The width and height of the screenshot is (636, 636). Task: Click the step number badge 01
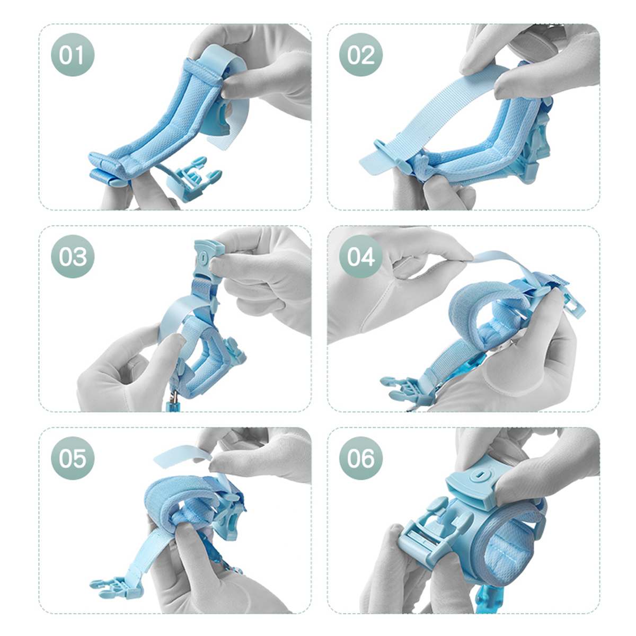(x=72, y=55)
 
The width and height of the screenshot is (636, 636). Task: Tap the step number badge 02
(x=361, y=55)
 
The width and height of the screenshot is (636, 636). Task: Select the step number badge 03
(x=72, y=257)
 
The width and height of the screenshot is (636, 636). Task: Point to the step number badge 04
(x=361, y=257)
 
